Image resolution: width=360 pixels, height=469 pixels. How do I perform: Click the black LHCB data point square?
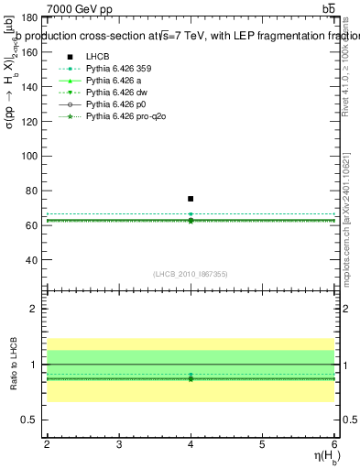click(191, 199)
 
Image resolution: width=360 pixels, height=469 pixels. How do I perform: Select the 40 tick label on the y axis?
click(33, 259)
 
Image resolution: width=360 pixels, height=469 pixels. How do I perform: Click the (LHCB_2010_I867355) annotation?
click(191, 273)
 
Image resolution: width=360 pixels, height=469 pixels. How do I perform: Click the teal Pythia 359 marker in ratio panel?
click(191, 375)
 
